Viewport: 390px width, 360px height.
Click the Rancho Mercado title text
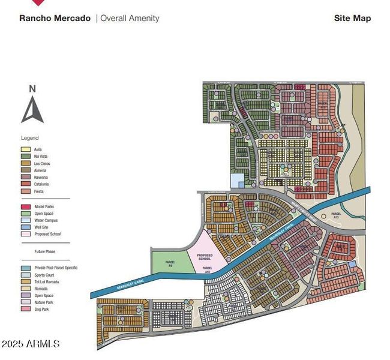(55, 18)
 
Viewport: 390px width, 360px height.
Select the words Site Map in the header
(352, 18)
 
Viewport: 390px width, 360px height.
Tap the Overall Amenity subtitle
(130, 18)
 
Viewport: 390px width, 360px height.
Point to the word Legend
(29, 138)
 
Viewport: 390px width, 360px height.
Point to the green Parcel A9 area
(170, 263)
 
